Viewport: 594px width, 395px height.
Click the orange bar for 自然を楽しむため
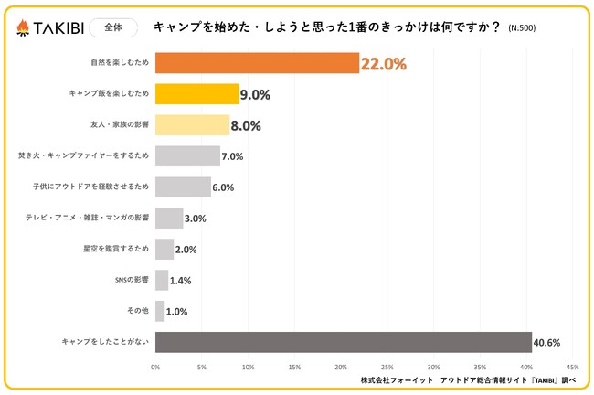(x=257, y=63)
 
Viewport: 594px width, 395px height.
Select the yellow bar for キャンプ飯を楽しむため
(x=196, y=94)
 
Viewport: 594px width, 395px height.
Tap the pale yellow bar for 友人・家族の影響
(x=192, y=125)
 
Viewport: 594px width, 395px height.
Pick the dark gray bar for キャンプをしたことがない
(x=343, y=342)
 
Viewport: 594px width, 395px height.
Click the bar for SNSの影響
(x=162, y=280)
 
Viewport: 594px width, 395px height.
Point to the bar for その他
(x=160, y=311)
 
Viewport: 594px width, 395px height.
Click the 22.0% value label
(x=383, y=64)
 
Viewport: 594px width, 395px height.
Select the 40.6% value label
(x=547, y=343)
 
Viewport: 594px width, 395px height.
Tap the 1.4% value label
(x=181, y=281)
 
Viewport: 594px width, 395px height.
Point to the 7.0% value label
(x=232, y=156)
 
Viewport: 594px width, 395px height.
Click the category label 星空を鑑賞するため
(x=110, y=250)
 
